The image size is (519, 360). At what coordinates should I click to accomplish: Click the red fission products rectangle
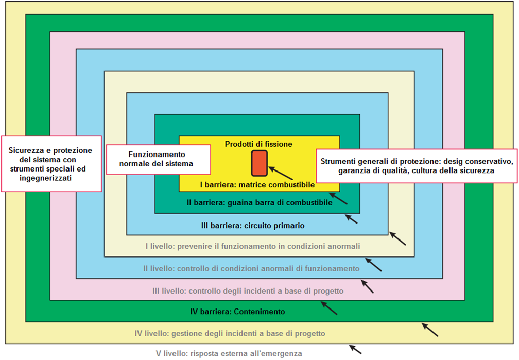(259, 163)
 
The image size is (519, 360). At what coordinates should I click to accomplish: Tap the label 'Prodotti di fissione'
(258, 144)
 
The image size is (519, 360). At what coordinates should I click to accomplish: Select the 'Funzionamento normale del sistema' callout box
(158, 159)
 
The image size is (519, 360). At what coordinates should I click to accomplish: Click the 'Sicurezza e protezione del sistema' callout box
(51, 164)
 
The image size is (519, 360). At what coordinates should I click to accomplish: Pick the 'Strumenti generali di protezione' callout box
(417, 166)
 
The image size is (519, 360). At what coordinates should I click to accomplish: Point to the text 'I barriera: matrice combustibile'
(257, 185)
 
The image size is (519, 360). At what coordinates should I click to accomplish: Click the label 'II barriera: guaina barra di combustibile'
(259, 203)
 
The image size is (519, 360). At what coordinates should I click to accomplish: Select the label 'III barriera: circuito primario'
(253, 226)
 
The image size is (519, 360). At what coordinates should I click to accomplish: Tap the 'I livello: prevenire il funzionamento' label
(253, 246)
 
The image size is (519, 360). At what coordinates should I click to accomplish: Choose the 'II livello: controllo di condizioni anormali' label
(251, 269)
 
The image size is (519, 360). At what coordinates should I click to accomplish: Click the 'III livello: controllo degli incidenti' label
(248, 291)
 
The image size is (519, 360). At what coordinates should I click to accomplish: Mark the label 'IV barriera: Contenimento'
(238, 312)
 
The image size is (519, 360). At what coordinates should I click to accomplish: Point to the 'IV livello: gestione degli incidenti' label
(230, 334)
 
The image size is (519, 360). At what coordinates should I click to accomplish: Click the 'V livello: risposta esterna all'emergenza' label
(229, 354)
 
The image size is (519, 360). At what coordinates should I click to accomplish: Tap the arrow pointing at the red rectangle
(280, 173)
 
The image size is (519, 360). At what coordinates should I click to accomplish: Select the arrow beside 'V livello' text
(355, 349)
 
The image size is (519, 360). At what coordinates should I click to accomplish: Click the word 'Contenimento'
(259, 312)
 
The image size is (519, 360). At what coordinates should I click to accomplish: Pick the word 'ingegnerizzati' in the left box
(45, 178)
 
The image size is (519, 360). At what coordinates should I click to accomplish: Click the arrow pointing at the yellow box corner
(338, 199)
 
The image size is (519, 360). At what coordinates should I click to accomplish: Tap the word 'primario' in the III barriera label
(291, 226)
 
